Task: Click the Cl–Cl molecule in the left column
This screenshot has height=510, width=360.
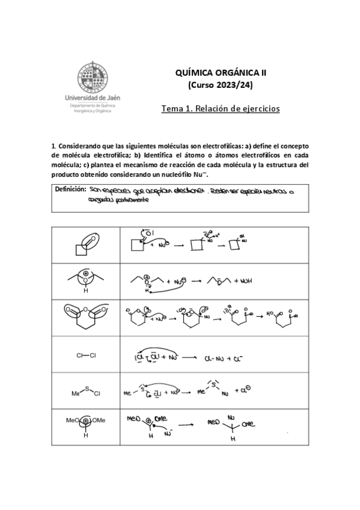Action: (85, 355)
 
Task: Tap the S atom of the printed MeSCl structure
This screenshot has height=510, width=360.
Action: (85, 389)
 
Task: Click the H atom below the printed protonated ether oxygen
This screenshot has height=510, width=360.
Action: (85, 290)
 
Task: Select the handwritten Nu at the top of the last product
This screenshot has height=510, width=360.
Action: (231, 416)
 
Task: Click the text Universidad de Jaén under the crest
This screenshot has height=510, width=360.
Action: (94, 97)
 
